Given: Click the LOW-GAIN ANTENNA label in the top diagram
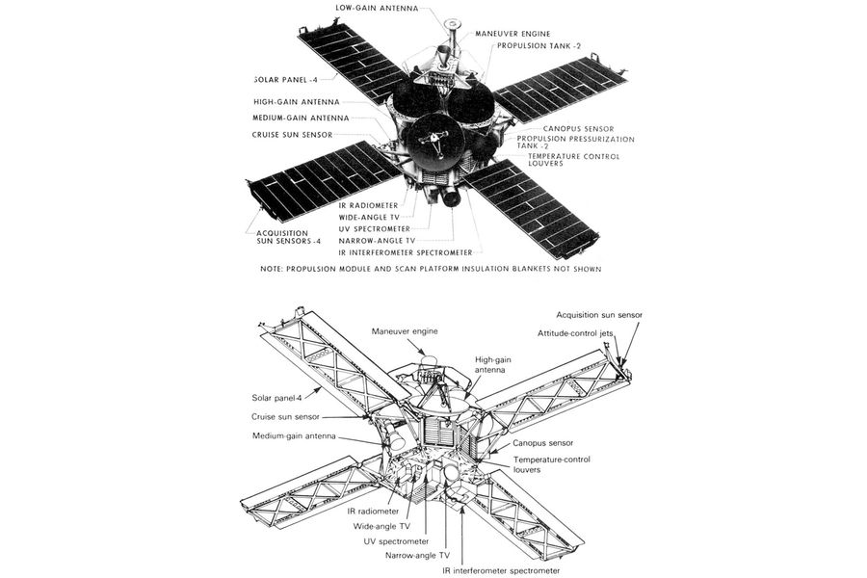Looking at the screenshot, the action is coord(377,9).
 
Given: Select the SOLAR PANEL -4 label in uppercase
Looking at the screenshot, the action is coord(286,80).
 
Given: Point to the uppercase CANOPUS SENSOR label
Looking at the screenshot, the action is coord(578,129).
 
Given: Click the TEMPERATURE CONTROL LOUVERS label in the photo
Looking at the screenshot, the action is coord(574,160).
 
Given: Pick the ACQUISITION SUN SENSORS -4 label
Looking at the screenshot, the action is coord(289,237).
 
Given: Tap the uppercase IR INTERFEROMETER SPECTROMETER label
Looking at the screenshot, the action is coord(406,252).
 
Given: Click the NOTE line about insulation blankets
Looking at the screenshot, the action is coord(431,269).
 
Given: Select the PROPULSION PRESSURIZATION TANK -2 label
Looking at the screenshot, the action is coord(576,143).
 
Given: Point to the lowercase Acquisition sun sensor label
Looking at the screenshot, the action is coord(599,315).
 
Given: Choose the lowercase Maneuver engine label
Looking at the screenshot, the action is coord(405,331).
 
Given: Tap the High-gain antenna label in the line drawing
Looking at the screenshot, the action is coord(490,364).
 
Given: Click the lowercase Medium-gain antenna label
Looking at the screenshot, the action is coord(294,435).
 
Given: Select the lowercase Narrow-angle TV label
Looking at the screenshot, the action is coord(417,555).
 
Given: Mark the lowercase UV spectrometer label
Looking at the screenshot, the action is coord(397,541).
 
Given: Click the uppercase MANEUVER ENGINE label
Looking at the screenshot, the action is coord(513,34).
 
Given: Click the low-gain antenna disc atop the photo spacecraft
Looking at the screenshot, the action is coord(453,24).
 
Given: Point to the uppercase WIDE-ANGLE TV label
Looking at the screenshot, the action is coord(369,218).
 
